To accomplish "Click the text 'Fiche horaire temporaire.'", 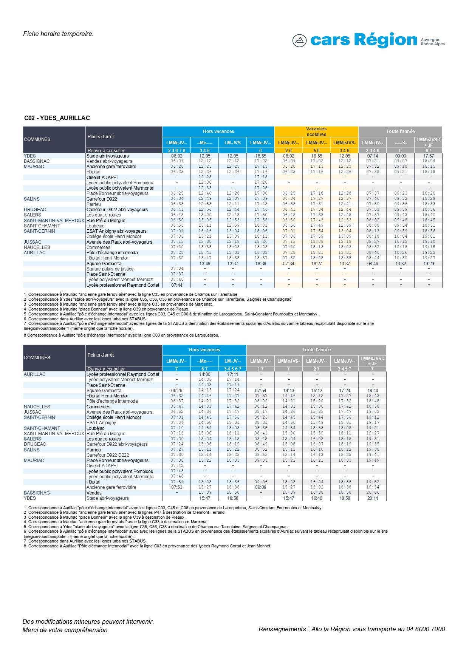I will [x=58, y=34].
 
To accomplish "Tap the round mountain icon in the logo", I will [x=299, y=40].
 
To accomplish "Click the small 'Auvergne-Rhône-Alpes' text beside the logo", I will [x=433, y=42].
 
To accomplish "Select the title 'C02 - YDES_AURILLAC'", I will [x=57, y=118].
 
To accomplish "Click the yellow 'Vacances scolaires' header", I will [x=316, y=131].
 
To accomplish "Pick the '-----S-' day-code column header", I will [x=401, y=143].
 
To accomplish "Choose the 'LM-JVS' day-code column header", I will [x=232, y=143].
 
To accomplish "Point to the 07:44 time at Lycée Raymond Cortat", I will [x=176, y=285].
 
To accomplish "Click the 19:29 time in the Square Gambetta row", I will [x=428, y=264].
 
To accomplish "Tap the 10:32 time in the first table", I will [x=401, y=264].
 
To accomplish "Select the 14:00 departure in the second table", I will [x=204, y=374].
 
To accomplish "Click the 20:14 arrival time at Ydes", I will [x=373, y=498].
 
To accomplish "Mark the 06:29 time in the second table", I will [x=176, y=391].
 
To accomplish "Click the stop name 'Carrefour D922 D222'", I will [x=108, y=455].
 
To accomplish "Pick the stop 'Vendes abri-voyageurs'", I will [x=109, y=161].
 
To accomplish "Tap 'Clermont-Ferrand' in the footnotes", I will [x=209, y=513].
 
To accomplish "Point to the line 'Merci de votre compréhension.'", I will [x=66, y=630].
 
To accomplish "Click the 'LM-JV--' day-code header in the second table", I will [x=232, y=361].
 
